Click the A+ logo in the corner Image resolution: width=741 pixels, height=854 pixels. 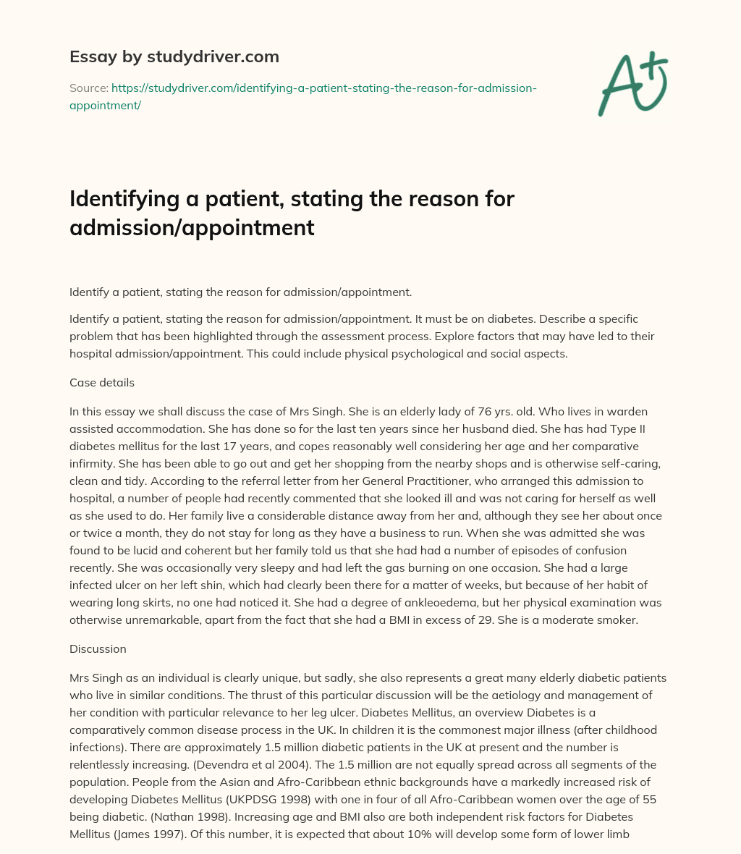pos(632,85)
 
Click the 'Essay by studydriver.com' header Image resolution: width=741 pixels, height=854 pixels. pos(174,56)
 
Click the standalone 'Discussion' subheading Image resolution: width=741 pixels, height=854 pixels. pos(98,648)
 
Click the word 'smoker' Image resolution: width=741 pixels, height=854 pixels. pos(617,620)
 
